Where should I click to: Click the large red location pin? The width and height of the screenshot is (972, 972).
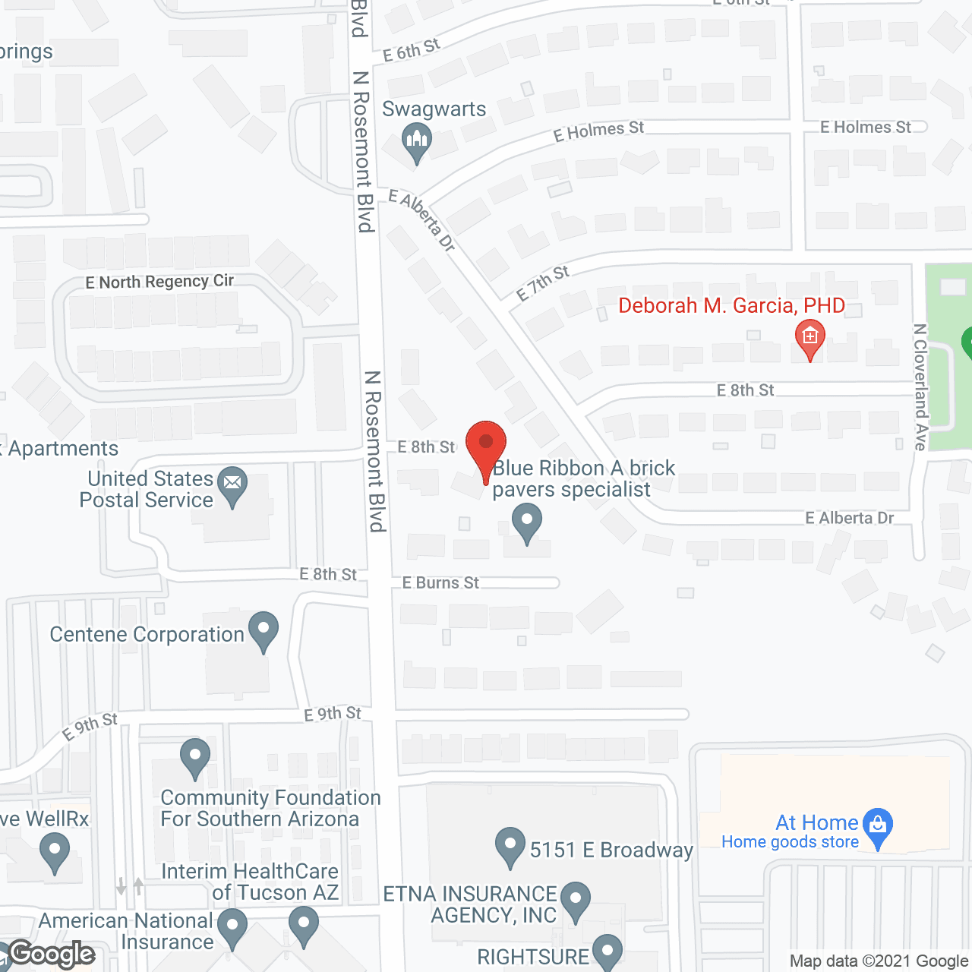486,445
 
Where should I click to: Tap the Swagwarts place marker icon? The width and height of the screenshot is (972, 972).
416,140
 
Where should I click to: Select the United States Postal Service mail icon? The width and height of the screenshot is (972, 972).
232,483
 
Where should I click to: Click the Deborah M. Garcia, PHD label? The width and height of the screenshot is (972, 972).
731,306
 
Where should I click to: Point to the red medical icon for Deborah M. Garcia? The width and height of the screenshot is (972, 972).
809,336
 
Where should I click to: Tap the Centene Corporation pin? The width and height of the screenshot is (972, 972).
264,629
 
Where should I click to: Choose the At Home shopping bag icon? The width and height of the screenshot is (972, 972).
878,824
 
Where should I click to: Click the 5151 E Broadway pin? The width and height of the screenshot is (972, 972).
510,844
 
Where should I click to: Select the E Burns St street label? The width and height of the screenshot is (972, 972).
440,582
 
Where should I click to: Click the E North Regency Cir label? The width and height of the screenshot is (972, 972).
159,282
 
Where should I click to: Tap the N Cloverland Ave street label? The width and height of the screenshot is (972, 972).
920,387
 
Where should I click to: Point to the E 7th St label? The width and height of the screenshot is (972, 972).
542,283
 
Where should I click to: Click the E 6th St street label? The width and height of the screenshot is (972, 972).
411,50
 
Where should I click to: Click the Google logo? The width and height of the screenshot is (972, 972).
52,955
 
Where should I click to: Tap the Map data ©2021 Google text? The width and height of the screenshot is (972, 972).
878,961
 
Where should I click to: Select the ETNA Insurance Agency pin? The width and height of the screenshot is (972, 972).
575,898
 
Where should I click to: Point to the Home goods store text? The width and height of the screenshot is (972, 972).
790,842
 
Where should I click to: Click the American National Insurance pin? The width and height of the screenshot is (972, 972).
232,926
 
